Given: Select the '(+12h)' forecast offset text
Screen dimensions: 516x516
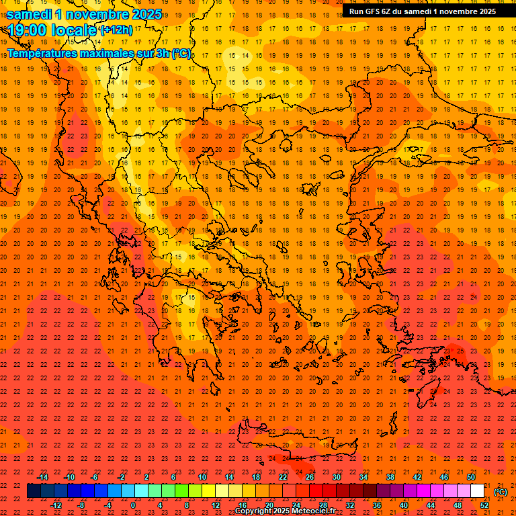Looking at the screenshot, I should [x=116, y=31].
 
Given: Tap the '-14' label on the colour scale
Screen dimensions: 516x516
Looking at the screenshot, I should [x=42, y=477].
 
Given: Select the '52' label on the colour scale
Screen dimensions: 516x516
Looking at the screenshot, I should [x=484, y=505].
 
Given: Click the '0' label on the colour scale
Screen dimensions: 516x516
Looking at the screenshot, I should [x=133, y=505].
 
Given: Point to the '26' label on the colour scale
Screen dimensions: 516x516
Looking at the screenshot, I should [x=310, y=477].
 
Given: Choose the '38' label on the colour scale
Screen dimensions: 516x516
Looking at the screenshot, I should [x=390, y=477].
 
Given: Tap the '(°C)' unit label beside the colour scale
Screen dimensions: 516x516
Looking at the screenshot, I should [x=501, y=492].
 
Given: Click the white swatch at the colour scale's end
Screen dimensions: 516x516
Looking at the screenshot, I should [x=478, y=491].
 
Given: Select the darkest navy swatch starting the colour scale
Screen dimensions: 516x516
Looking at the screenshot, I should [x=34, y=491].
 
